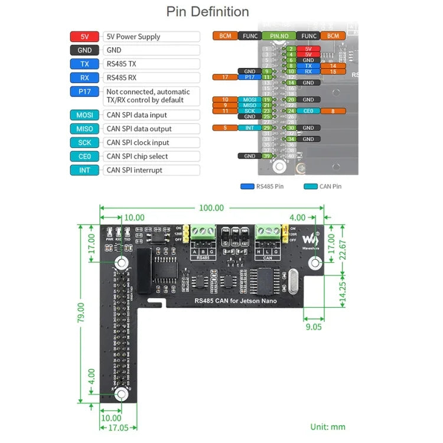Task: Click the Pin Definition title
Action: pos(207,11)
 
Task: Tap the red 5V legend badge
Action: pos(84,37)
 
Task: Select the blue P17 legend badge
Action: pos(84,92)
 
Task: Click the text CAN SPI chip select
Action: pos(137,157)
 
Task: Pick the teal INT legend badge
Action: pos(84,170)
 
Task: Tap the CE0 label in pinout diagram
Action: pos(308,110)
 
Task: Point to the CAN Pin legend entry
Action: pos(323,187)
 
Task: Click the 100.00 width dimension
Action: pos(211,208)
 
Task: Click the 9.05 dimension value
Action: pos(314,325)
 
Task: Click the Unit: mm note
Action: pos(328,427)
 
